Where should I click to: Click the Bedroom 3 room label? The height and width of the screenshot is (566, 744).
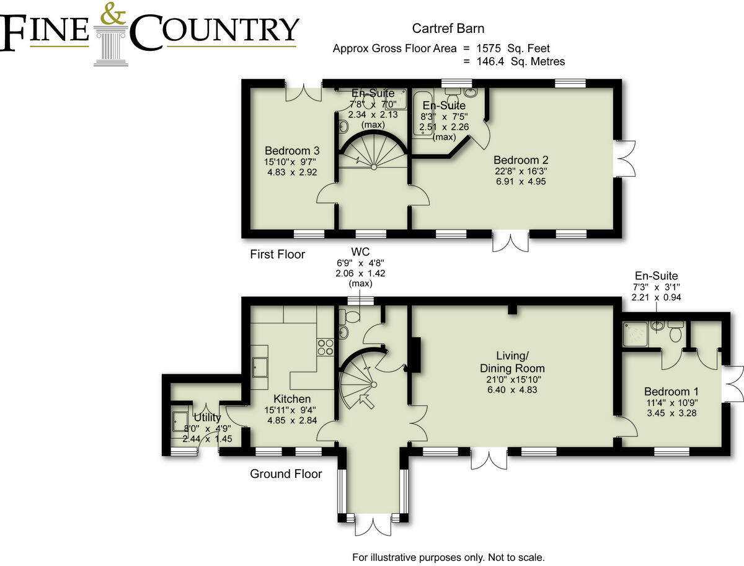pos(292,151)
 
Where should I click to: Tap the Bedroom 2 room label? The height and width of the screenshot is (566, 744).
pos(521,160)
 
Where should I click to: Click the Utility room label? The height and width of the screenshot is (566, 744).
pos(206,418)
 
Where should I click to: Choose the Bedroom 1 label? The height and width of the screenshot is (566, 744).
pos(671,392)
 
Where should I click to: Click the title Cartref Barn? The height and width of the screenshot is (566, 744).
pos(448,29)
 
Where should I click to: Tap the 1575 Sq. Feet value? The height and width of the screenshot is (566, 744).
pos(511,48)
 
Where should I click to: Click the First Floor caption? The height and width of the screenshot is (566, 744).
pos(277,254)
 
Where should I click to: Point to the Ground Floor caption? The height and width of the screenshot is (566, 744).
pos(286,474)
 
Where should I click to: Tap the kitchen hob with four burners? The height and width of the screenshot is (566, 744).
pos(325,346)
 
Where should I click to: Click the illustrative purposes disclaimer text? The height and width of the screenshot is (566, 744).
pos(448,557)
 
